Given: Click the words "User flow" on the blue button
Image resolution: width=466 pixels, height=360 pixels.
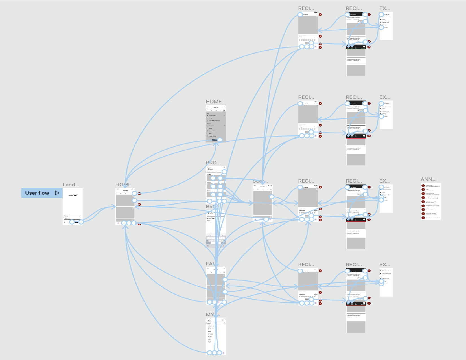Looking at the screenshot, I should [x=37, y=193].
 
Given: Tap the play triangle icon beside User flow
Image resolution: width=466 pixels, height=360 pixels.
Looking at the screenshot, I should [x=57, y=193].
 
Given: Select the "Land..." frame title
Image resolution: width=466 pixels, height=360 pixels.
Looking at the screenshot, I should [x=71, y=185].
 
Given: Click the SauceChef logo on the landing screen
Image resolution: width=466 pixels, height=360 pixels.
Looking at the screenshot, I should [x=73, y=195].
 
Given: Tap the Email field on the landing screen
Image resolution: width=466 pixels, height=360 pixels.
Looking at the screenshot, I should [x=73, y=216].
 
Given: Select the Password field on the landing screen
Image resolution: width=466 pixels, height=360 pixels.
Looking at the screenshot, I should [x=73, y=219].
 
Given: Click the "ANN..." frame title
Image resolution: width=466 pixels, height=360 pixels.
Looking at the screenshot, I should [x=428, y=179].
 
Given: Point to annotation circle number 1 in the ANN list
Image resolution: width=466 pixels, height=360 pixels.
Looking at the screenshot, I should [x=423, y=186].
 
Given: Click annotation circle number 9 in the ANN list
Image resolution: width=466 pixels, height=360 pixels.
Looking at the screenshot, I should [x=423, y=218].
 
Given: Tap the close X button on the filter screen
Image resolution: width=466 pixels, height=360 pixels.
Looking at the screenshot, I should [x=224, y=111].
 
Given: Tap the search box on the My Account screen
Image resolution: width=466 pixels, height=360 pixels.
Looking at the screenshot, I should [x=216, y=323].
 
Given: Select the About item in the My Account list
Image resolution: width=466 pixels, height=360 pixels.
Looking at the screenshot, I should [x=209, y=342].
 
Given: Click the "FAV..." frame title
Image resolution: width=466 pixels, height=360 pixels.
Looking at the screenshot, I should [x=212, y=264].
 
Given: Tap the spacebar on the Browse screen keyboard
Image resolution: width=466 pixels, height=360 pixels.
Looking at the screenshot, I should [x=216, y=243].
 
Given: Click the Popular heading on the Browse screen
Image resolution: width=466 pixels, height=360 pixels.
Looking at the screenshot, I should [x=209, y=174].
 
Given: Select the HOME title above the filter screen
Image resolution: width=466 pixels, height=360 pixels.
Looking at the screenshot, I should [x=214, y=102].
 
